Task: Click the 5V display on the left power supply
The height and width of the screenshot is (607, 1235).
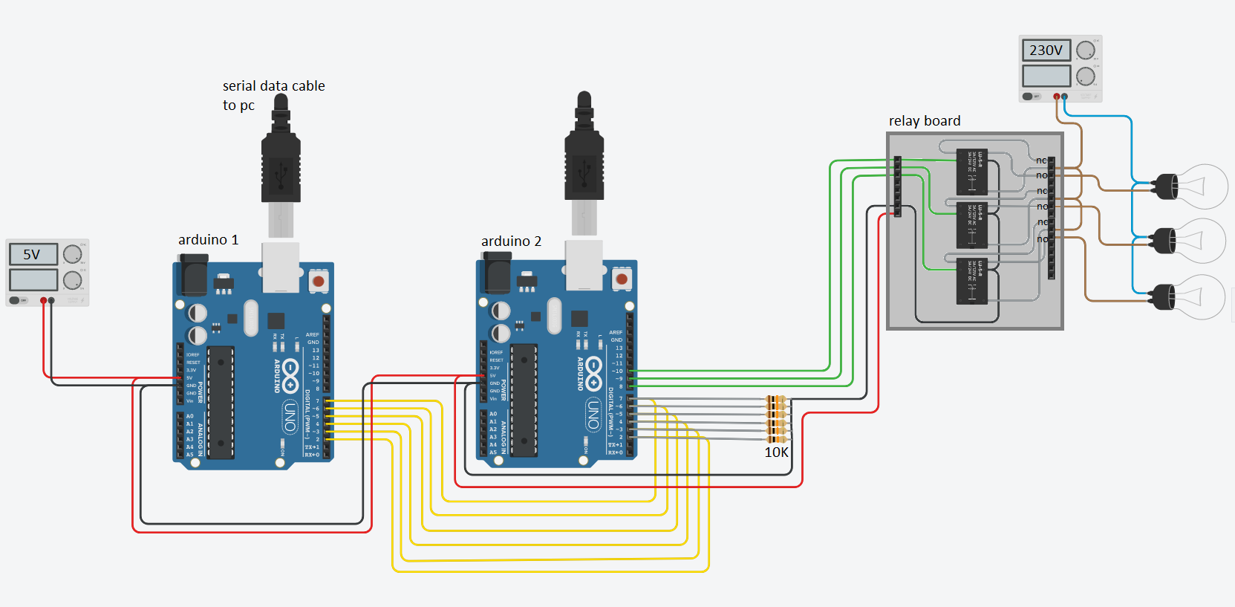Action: point(33,255)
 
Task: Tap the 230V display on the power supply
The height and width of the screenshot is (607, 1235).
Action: point(1046,51)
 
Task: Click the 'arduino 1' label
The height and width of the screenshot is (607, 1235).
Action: point(209,240)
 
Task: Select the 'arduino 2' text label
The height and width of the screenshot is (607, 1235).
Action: point(512,241)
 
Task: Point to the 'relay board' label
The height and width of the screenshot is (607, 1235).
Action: point(925,121)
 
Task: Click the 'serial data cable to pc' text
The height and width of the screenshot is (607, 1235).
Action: point(273,95)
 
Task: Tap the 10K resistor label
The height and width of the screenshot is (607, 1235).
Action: point(777,452)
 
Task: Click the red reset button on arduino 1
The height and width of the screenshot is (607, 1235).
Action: point(319,282)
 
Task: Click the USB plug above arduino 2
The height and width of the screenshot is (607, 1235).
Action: point(584,167)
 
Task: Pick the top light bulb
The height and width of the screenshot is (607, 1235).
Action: point(1192,186)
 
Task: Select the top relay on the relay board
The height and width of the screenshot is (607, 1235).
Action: point(972,172)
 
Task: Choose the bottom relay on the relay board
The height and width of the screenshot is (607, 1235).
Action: point(972,281)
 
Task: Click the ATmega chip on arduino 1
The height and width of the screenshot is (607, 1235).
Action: point(221,402)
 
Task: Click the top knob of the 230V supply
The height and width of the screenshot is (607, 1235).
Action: point(1086,51)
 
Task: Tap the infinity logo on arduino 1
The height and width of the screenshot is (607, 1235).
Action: point(290,375)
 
